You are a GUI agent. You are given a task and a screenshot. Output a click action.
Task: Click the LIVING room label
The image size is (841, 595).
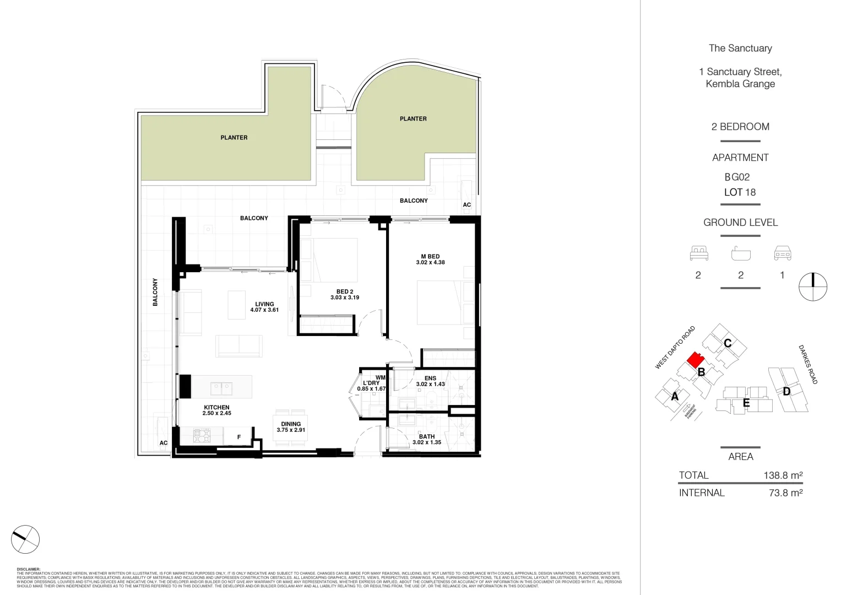(264, 304)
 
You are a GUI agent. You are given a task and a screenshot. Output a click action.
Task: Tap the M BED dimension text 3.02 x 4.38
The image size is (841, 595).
(430, 263)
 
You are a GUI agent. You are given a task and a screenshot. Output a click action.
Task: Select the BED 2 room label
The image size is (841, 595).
(345, 292)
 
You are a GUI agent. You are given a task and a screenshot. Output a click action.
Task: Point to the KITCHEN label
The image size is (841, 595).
(216, 408)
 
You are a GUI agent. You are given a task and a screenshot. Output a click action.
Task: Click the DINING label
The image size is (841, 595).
(291, 424)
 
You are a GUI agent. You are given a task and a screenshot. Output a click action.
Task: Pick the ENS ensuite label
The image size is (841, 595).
(430, 378)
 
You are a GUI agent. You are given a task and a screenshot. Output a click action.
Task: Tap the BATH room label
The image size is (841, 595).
(427, 436)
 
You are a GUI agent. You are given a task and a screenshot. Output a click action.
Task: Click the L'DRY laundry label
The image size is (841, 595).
(371, 383)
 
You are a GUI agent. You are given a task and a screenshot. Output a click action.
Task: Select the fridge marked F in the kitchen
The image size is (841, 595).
(239, 437)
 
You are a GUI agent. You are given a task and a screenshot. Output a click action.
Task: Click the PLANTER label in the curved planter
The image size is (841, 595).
(413, 119)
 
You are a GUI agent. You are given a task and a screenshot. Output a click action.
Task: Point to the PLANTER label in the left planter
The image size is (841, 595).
(234, 138)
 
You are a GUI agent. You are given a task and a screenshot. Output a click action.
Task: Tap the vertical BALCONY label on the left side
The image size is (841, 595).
(155, 292)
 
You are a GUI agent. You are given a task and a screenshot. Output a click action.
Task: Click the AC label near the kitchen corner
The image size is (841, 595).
(164, 443)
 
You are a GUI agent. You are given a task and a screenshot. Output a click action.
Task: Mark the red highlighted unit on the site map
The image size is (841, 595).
(695, 361)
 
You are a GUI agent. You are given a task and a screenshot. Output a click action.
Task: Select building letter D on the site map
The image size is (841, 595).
(786, 392)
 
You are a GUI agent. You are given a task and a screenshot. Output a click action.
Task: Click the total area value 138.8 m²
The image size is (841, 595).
(783, 475)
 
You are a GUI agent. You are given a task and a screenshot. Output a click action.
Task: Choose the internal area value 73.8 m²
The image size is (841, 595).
(785, 493)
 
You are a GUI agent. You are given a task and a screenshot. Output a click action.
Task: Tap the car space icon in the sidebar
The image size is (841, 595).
(782, 253)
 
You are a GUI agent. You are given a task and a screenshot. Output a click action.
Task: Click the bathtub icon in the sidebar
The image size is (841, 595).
(741, 254)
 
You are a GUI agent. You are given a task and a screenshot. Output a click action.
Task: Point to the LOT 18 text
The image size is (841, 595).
(740, 192)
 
